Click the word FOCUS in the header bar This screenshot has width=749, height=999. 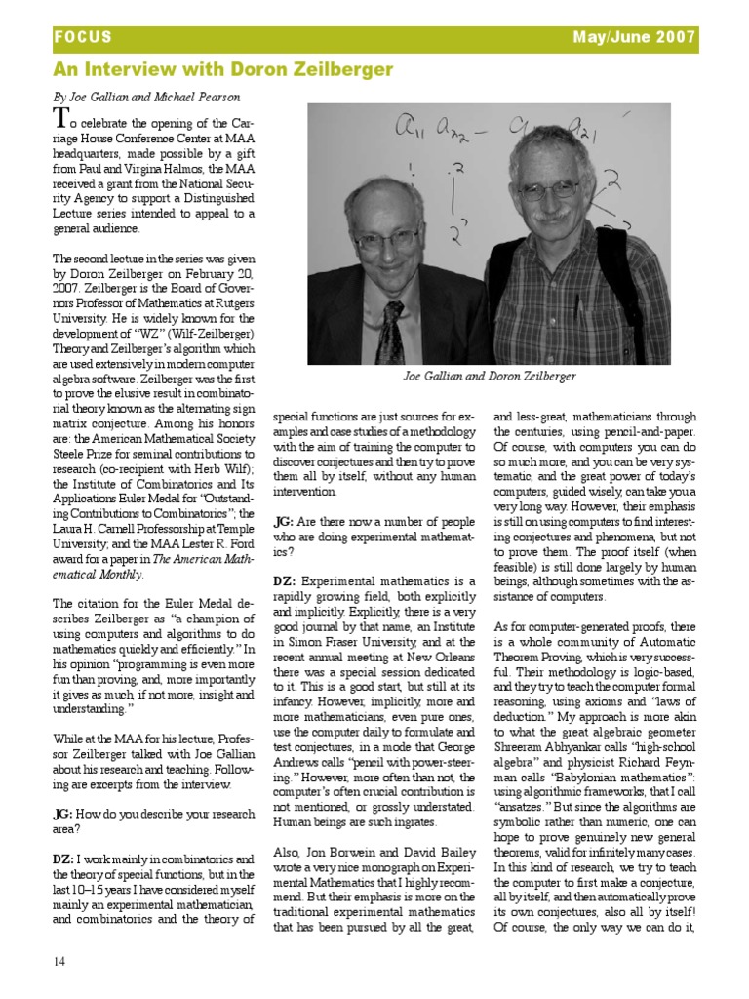point(82,38)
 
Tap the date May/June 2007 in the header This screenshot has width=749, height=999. point(636,38)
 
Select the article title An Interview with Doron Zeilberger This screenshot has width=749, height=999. point(223,69)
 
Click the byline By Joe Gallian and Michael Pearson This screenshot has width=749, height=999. point(146,98)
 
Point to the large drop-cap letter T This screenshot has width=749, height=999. point(61,120)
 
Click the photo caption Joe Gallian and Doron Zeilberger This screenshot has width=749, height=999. point(489,376)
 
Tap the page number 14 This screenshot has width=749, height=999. point(60,961)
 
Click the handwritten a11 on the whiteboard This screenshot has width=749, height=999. point(414,126)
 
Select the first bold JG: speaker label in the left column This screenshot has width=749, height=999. point(63,813)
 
